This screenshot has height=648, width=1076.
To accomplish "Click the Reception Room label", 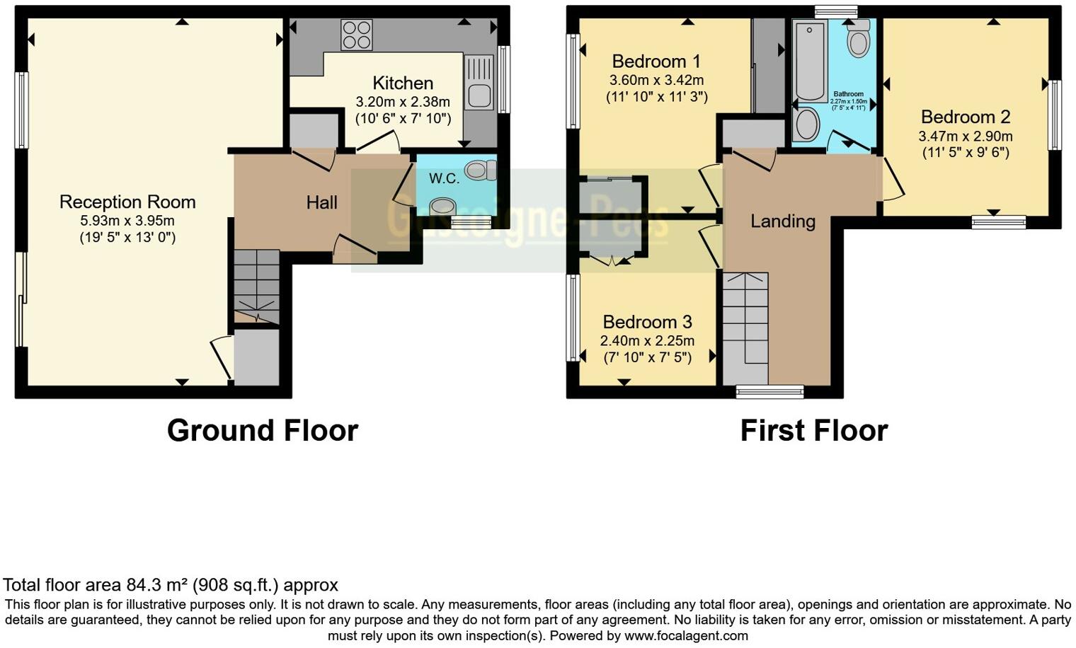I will [x=127, y=202].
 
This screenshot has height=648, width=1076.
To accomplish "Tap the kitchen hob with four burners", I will [x=357, y=35].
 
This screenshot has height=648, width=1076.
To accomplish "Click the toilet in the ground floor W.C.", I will [x=482, y=170].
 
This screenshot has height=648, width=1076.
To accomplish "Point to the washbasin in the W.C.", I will [x=443, y=206].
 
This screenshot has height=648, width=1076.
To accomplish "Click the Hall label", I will [x=321, y=203].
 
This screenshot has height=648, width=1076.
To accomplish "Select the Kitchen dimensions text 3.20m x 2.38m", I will [x=403, y=101].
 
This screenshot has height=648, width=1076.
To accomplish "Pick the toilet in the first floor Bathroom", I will [x=859, y=40].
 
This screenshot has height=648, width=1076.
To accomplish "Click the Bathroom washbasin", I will [x=806, y=124].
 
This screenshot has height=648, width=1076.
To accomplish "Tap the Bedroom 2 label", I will [x=966, y=117].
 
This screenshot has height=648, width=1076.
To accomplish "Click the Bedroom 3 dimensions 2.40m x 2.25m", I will [x=647, y=341].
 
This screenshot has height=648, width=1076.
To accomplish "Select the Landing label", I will [x=783, y=221].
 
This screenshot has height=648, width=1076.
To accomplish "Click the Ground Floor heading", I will [x=262, y=430].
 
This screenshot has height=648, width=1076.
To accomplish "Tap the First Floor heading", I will [x=813, y=430].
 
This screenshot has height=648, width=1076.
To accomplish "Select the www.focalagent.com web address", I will [x=686, y=635].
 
